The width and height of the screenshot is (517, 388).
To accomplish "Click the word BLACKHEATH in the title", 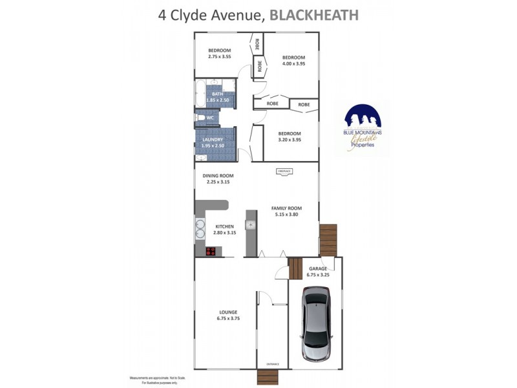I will (313, 14).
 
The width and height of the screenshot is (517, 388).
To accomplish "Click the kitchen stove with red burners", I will (211, 252).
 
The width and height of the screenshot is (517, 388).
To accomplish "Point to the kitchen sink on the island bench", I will (251, 225).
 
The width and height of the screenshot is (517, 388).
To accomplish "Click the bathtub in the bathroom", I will (200, 94).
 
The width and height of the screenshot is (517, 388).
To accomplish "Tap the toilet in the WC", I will (201, 118).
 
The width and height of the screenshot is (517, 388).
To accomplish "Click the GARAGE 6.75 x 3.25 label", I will (317, 272).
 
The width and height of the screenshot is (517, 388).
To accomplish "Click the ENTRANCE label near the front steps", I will (273, 364).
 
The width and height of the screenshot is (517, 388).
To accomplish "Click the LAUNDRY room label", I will (213, 140).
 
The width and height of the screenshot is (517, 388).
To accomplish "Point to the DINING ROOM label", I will (218, 176).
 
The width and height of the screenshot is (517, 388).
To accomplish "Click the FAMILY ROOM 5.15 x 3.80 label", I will (286, 211).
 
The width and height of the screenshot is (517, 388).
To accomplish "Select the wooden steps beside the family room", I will (328, 239).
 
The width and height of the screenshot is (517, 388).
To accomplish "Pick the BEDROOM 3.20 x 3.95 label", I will (290, 136).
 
